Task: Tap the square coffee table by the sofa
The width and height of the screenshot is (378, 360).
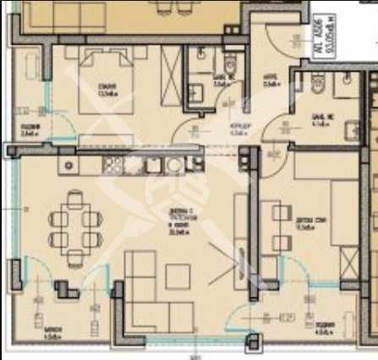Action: pos(178,275)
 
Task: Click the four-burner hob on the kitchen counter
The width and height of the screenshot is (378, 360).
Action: pos(112,163)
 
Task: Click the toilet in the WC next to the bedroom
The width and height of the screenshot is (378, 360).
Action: pos(229,65)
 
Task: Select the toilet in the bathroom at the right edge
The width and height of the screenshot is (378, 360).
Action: pos(318,84)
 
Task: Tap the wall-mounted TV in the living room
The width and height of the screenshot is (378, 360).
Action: pos(239,233)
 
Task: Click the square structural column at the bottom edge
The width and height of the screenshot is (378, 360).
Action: pos(251,341)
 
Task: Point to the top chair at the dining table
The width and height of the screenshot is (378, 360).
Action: pos(75,200)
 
